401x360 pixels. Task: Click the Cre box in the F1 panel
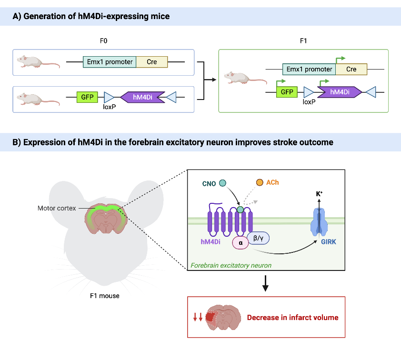pos(351,69)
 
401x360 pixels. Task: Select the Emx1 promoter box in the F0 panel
pos(110,62)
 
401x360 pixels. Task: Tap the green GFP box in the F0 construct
pos(87,98)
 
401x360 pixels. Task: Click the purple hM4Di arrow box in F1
pos(339,92)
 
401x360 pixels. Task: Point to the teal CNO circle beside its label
pos(222,183)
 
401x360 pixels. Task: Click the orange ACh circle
pos(260,182)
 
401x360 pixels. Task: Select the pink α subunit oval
pos(241,243)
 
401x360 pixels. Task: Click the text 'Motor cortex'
pos(57,208)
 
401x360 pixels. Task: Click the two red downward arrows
pos(198,318)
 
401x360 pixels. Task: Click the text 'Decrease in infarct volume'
pos(292,318)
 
